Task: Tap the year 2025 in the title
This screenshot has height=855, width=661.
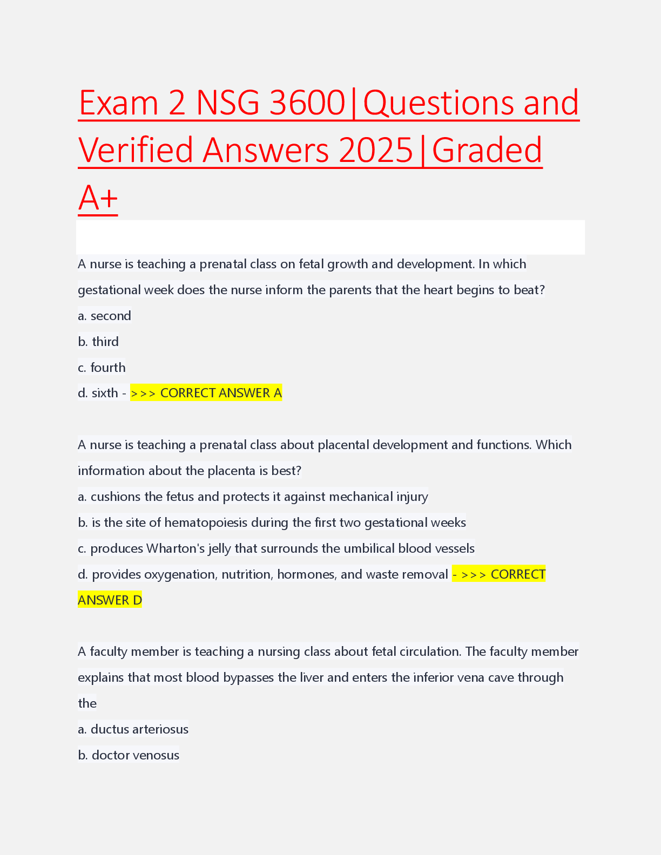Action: pyautogui.click(x=375, y=150)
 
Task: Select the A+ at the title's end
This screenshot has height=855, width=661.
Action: pyautogui.click(x=98, y=198)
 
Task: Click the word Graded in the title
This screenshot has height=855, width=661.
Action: pyautogui.click(x=487, y=150)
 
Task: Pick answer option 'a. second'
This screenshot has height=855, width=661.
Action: pyautogui.click(x=104, y=316)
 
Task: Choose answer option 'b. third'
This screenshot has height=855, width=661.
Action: pyautogui.click(x=98, y=342)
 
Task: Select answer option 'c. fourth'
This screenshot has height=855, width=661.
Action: pyautogui.click(x=102, y=368)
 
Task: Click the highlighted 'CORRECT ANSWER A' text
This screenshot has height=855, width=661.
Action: pyautogui.click(x=221, y=393)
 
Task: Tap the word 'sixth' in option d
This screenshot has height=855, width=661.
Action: pyautogui.click(x=105, y=393)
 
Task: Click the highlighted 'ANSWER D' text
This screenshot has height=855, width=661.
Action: pyautogui.click(x=110, y=600)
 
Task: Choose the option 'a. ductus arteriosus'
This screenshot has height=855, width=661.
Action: pyautogui.click(x=133, y=729)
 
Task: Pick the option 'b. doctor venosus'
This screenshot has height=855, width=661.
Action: pyautogui.click(x=129, y=755)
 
